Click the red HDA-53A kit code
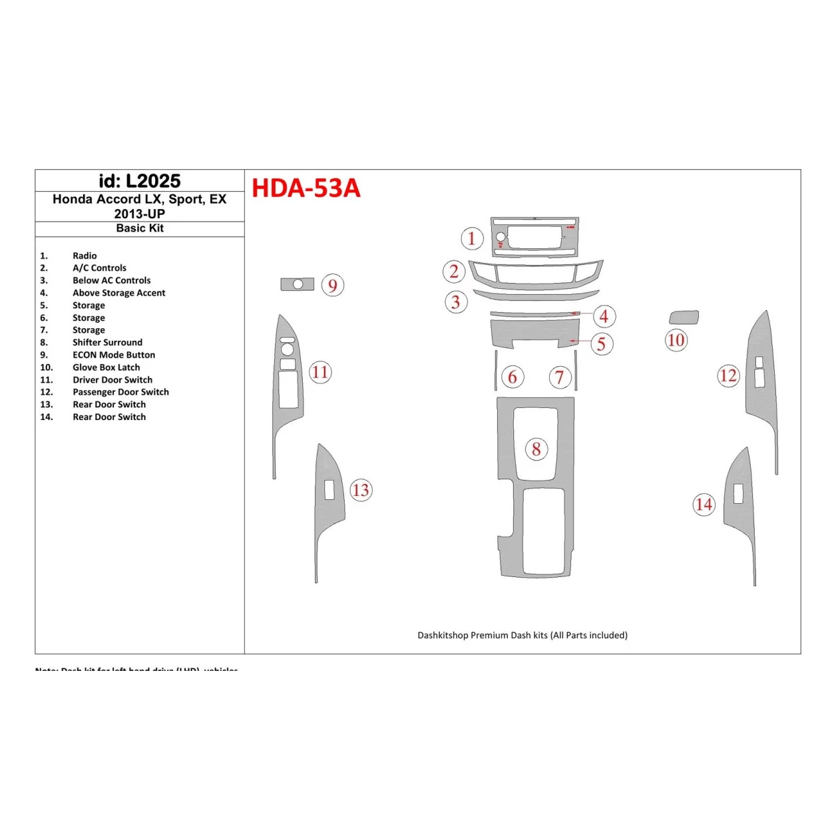coord(306,188)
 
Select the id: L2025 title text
coord(139,181)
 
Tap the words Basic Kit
coord(139,228)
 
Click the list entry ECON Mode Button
coord(113,355)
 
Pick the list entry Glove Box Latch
coord(106,367)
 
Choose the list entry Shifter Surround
coord(107,342)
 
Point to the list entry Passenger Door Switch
coord(120,392)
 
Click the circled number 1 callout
coord(472,238)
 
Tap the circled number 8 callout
coord(536,449)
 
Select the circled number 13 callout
coord(361,491)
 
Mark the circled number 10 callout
coord(676,341)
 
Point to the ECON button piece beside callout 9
coord(297,284)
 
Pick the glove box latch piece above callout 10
coord(683,317)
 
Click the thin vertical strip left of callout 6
coord(495,370)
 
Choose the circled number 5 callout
coord(602,344)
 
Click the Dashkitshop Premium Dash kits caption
coord(522,635)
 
